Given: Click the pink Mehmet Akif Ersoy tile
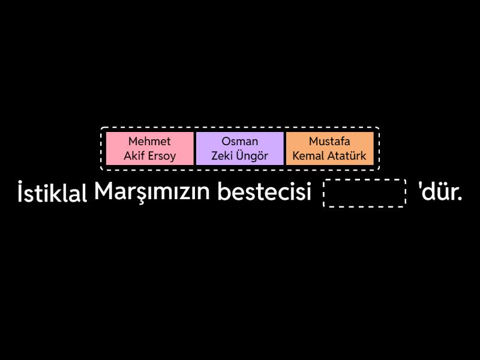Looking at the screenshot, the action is click(149, 148).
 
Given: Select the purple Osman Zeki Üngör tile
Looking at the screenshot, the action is click(239, 148).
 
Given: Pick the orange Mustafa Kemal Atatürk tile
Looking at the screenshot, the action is click(329, 148).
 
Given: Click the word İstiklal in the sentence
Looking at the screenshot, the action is click(52, 192).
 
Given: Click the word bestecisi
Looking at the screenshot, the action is click(264, 191).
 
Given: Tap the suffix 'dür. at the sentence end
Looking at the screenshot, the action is click(440, 191).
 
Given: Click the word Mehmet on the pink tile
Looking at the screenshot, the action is click(149, 141).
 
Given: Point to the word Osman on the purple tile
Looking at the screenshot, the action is click(239, 141).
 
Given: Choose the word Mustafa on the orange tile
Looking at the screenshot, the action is click(329, 141).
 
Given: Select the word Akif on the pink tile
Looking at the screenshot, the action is click(134, 155).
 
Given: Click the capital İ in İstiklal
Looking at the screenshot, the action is click(20, 191).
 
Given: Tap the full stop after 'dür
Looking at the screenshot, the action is click(460, 199).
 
